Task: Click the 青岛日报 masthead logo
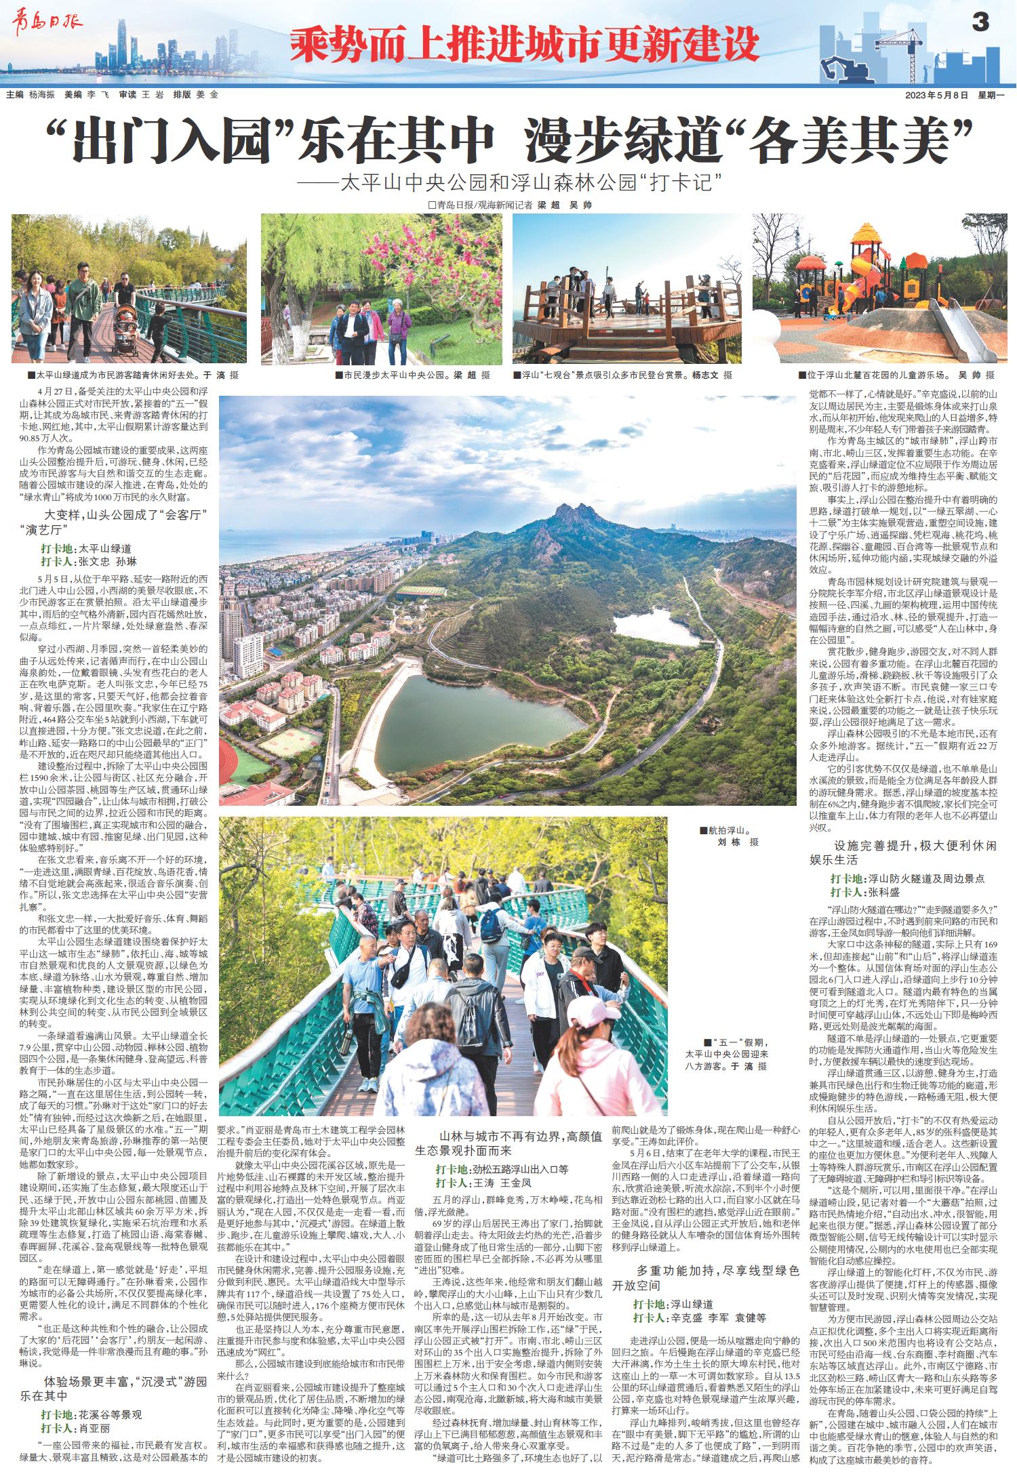point(47,22)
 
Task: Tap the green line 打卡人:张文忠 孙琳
point(89,562)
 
